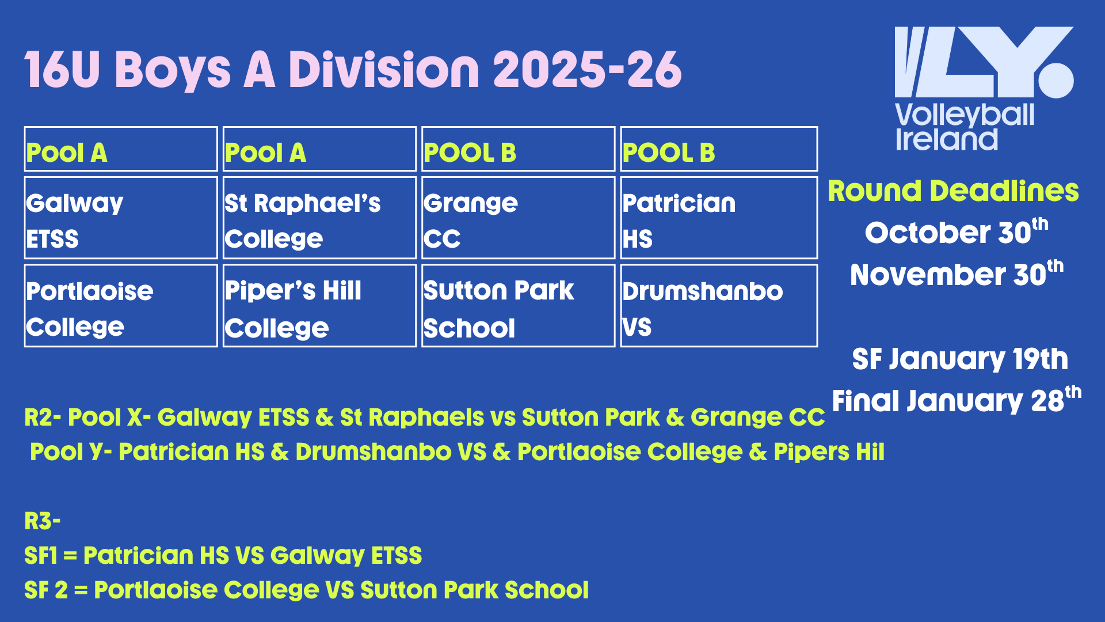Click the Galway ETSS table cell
121,218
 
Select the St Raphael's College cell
319,218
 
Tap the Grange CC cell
518,218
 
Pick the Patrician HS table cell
719,218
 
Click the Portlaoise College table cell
121,306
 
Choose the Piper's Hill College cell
319,306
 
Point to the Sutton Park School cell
518,306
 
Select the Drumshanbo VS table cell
719,306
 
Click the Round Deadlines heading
953,191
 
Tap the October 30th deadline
957,232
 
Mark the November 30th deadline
957,274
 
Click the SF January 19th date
960,359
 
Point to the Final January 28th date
957,400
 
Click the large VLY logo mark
984,62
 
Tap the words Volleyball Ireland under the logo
965,127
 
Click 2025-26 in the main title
587,70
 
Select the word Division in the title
384,70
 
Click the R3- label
43,521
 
